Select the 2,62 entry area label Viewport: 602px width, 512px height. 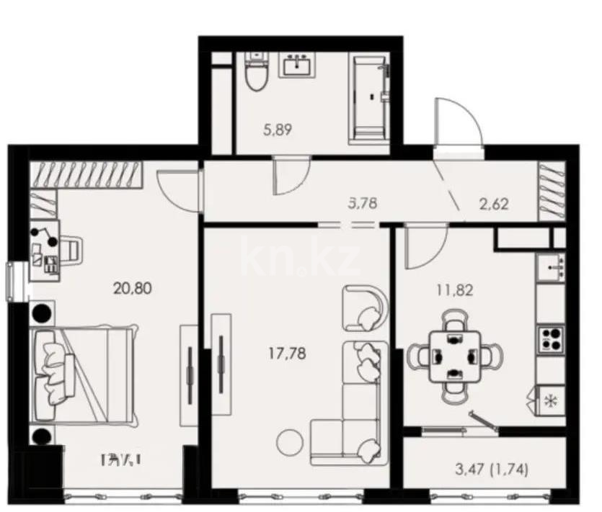pos(494,202)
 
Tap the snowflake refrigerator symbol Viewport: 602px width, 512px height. pos(552,400)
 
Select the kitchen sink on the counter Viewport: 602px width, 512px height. pos(554,268)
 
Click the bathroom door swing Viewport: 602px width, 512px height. pos(289,176)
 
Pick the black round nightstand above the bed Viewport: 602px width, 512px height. pos(42,315)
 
